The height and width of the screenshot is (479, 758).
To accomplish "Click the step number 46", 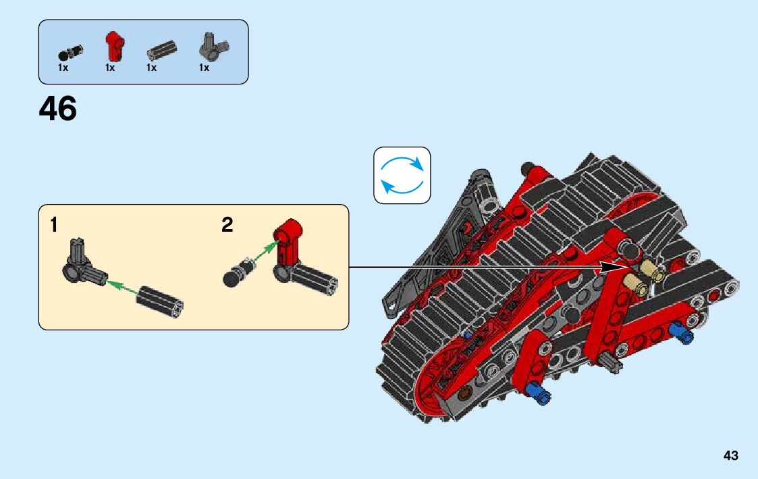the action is pyautogui.click(x=58, y=109).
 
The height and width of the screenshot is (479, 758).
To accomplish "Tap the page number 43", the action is pyautogui.click(x=730, y=456).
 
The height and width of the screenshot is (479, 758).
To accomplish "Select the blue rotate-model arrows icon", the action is pyautogui.click(x=402, y=175).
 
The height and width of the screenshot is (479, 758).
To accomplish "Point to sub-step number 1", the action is pyautogui.click(x=54, y=226).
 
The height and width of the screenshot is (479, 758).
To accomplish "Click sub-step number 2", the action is pyautogui.click(x=227, y=226).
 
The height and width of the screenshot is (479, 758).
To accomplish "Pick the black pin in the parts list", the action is pyautogui.click(x=70, y=52).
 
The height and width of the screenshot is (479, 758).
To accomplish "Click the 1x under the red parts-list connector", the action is pyautogui.click(x=110, y=68).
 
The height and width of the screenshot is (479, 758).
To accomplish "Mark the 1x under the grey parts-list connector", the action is pyautogui.click(x=204, y=68).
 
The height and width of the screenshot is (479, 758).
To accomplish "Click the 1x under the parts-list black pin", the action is pyautogui.click(x=63, y=68).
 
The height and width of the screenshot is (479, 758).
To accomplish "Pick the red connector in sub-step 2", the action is pyautogui.click(x=288, y=244).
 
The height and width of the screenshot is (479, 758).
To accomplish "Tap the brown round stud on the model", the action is pyautogui.click(x=464, y=393).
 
